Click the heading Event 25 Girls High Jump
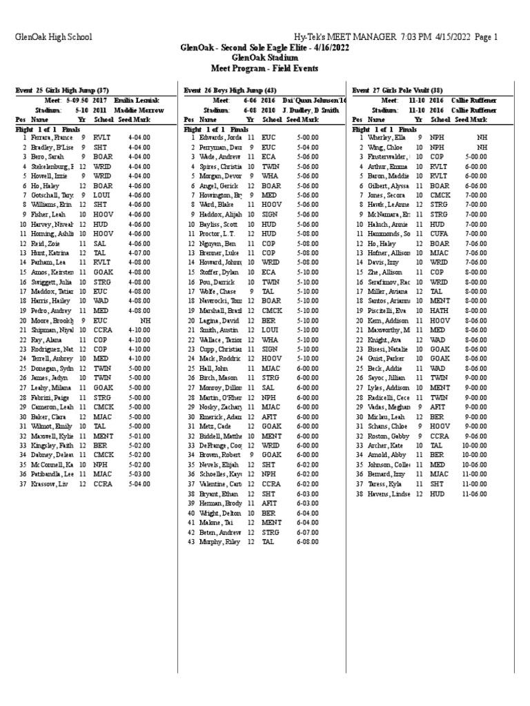(62, 90)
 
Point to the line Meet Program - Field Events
(264, 69)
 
